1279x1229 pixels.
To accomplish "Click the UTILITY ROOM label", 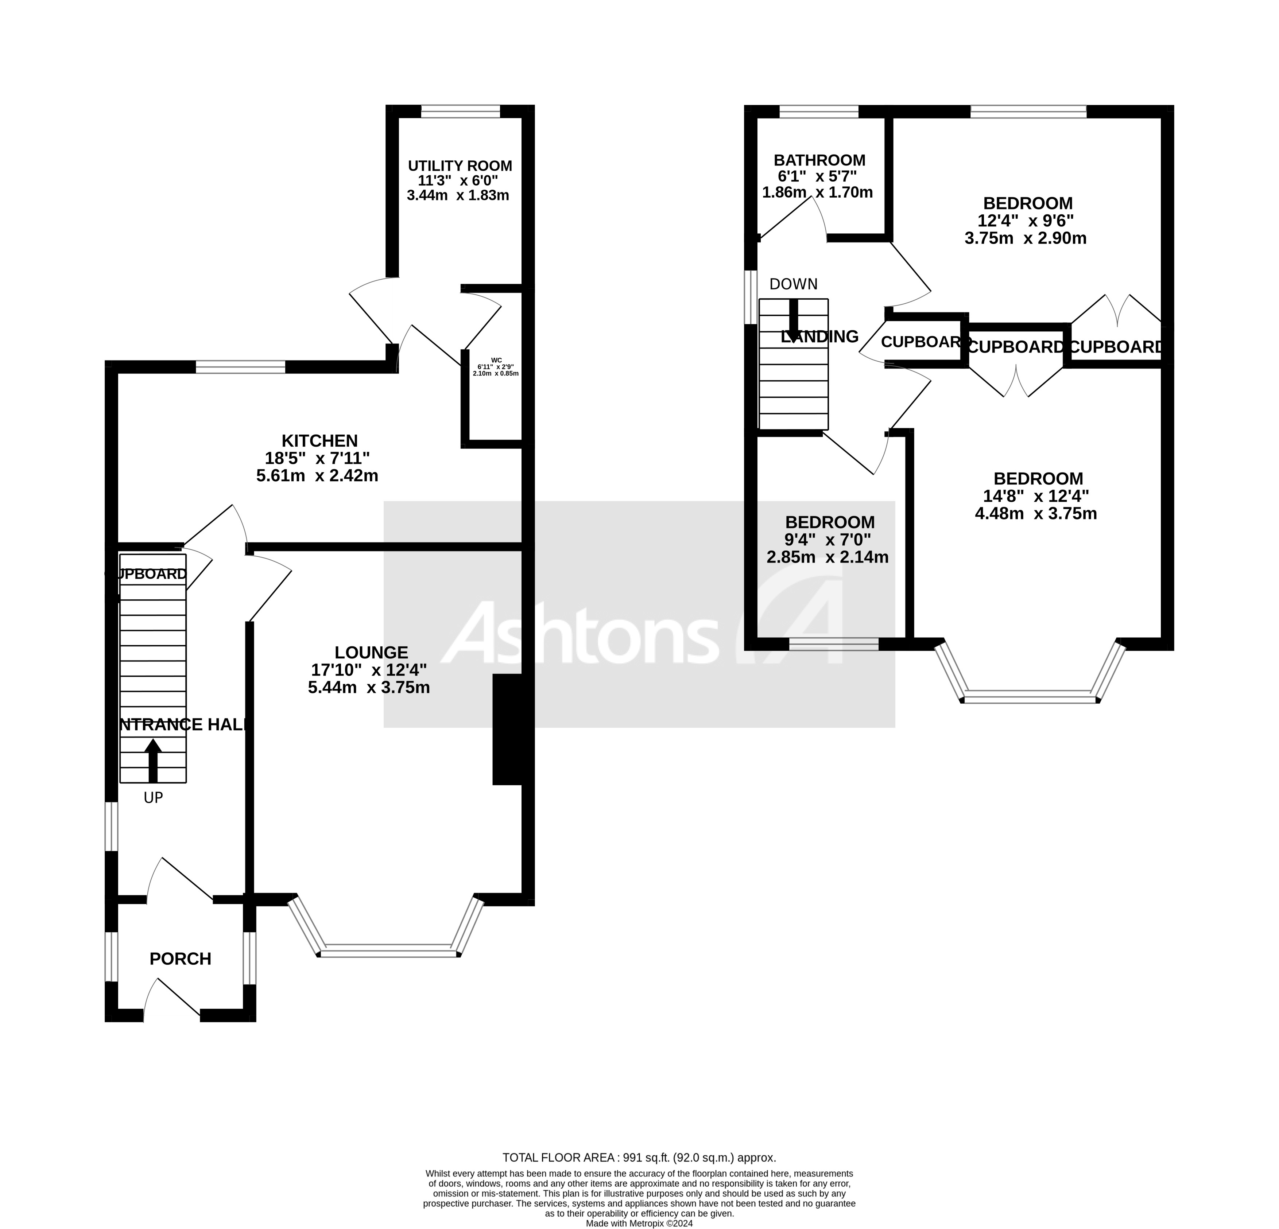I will point(460,166).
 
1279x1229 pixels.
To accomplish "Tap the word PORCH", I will point(180,959).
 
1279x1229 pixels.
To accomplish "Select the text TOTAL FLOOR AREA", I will point(558,1158).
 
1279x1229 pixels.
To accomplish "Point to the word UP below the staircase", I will point(153,797).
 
